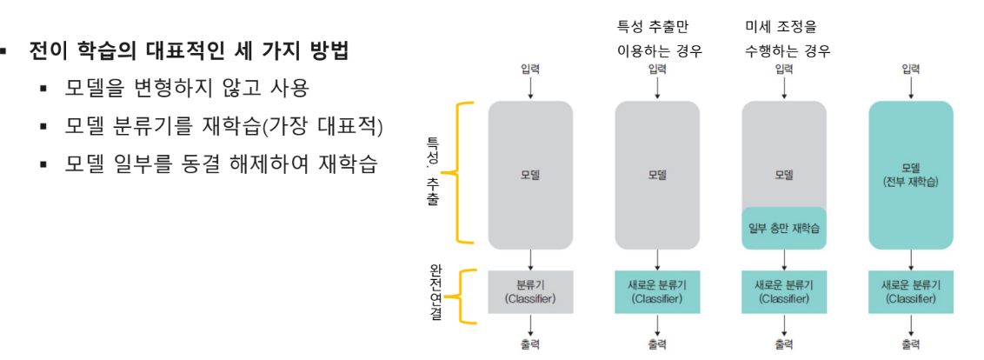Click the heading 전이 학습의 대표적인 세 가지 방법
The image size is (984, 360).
189,50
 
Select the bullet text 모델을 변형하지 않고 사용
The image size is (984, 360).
187,88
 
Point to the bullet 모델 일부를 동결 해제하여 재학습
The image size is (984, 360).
220,164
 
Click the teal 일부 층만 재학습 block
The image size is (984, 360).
784,229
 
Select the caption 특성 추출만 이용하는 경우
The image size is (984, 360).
658,39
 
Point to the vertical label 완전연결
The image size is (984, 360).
435,293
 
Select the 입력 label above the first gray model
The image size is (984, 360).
530,69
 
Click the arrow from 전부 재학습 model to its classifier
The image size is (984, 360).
910,259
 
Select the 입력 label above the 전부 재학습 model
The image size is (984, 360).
910,69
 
